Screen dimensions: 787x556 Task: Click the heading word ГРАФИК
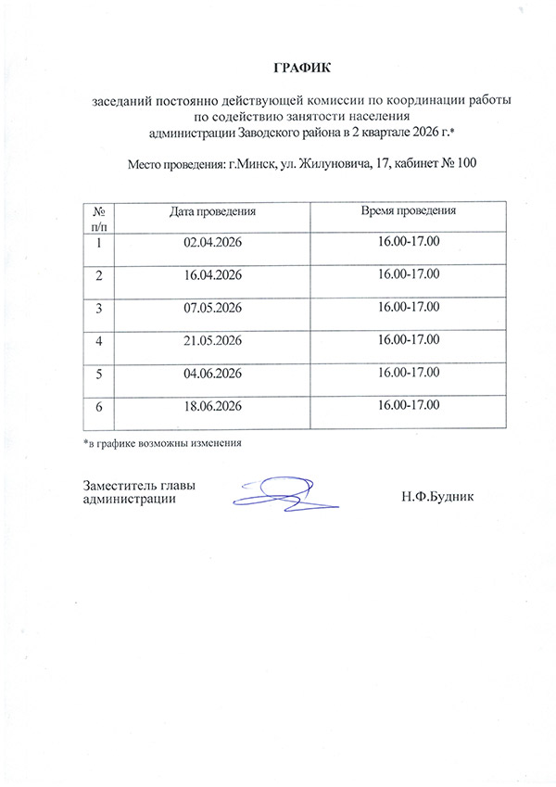(301, 69)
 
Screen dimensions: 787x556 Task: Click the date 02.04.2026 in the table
(213, 243)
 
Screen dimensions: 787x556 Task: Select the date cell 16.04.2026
(213, 275)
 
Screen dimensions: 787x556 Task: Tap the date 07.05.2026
(213, 308)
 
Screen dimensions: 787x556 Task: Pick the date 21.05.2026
(213, 340)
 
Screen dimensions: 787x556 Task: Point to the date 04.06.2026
(213, 373)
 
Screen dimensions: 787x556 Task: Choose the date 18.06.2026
(213, 406)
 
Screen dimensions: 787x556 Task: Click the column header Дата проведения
(212, 212)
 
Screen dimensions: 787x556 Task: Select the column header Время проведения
(408, 211)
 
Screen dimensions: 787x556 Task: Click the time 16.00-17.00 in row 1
(409, 242)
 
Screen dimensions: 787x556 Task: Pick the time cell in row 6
(409, 405)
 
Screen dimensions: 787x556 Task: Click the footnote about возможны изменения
(162, 442)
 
